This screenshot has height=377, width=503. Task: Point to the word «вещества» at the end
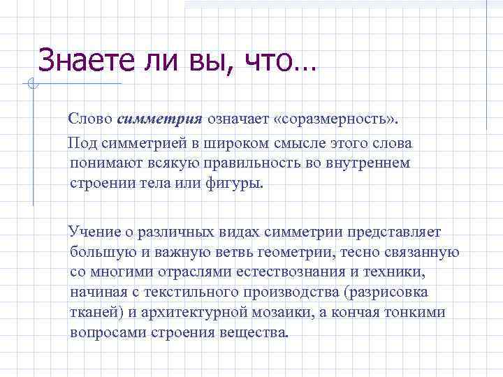254,332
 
